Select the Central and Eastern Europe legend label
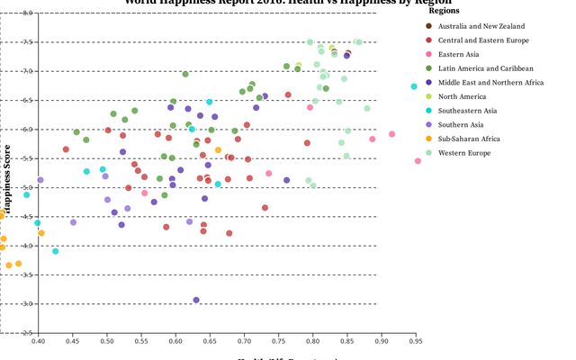483,40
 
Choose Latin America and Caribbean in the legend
486,68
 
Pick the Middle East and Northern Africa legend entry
490,82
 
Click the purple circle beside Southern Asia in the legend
428,124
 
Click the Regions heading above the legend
445,12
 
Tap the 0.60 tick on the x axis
175,341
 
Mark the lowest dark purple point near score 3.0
196,301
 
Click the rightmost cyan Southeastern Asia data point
414,86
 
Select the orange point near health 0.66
218,150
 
